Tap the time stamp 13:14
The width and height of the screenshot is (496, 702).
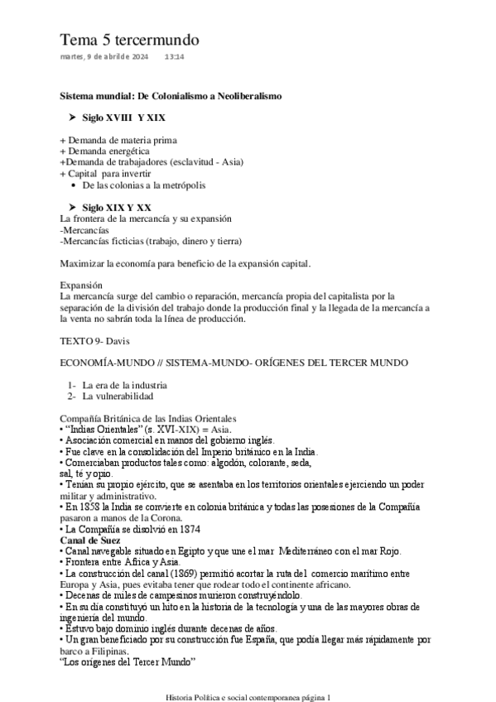click(x=174, y=56)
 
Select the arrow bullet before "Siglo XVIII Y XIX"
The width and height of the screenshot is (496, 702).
click(x=71, y=119)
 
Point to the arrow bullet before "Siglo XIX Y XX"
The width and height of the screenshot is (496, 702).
click(x=71, y=206)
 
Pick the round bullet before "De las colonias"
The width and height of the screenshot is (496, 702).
click(x=75, y=185)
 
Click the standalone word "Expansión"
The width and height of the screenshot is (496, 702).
click(x=82, y=284)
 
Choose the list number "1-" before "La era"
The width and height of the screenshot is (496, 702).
click(x=72, y=385)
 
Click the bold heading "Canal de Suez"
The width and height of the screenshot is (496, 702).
click(x=91, y=539)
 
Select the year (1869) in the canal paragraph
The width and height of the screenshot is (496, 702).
click(x=184, y=573)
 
